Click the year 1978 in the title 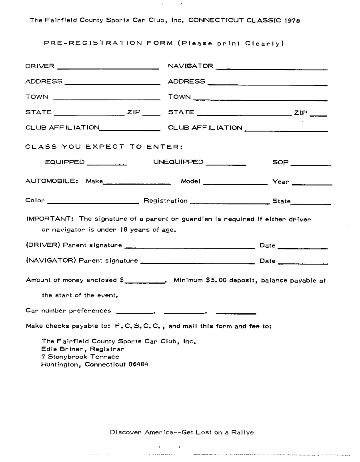coord(292,20)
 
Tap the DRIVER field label coord(40,66)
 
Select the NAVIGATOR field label coord(190,66)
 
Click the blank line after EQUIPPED coord(107,164)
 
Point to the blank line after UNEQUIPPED coord(226,164)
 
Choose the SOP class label coord(280,162)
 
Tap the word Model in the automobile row coord(190,181)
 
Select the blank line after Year coord(312,184)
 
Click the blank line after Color coord(93,203)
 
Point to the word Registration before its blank coord(166,201)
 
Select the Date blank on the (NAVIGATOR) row coord(302,263)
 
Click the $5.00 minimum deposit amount coord(216,280)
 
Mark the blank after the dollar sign coord(145,282)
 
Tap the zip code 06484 coord(138,364)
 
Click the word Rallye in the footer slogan coord(242,432)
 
